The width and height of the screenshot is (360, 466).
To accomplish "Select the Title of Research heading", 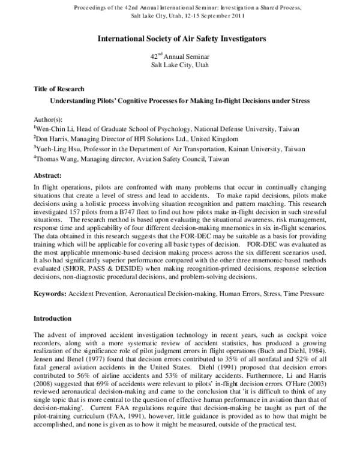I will [x=59, y=89].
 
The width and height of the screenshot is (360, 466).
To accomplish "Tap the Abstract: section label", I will [x=47, y=176].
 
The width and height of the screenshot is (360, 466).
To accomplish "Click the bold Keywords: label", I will [x=50, y=295].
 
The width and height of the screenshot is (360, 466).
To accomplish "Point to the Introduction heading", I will [x=53, y=318].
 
